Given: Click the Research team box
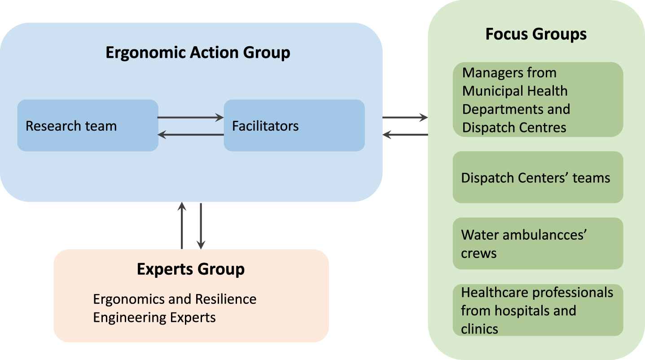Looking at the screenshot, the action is click(x=88, y=125).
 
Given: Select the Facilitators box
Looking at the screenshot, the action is click(x=294, y=125).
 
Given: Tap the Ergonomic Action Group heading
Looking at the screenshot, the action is click(x=198, y=53).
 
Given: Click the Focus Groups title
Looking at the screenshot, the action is click(x=536, y=34).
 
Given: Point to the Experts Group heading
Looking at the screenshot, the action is click(x=191, y=269).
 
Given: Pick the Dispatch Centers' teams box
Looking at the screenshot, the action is click(x=538, y=177).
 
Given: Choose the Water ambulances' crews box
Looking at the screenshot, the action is click(x=538, y=243).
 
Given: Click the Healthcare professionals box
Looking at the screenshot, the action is click(x=538, y=310).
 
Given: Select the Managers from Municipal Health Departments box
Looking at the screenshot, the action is click(x=538, y=99).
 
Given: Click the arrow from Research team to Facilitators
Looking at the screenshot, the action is click(x=191, y=117).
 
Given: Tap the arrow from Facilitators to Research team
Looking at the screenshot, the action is click(x=191, y=135).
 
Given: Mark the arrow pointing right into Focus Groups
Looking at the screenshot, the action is click(x=405, y=117).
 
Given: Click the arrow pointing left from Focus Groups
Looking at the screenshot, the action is click(x=405, y=135).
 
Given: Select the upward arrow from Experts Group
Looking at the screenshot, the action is click(x=182, y=225).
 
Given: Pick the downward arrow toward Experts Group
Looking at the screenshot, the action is click(x=201, y=226).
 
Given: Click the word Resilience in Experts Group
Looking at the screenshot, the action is click(x=226, y=299).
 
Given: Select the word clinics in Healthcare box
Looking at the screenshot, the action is click(x=479, y=329).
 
